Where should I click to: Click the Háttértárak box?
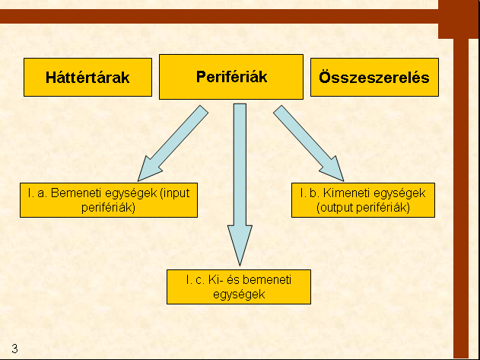point(87,77)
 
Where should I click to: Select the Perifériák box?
point(231,77)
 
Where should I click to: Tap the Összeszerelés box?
point(374,77)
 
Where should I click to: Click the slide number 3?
point(14,349)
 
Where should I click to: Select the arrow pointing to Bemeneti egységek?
point(173,143)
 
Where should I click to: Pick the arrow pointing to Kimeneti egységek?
point(309,143)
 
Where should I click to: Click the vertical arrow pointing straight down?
point(240,184)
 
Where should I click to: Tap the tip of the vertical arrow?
point(240,266)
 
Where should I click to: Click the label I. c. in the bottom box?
point(195,280)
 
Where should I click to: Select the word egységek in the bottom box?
point(239,295)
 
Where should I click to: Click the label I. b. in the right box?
point(310,193)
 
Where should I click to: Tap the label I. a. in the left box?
point(37,193)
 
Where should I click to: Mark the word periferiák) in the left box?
point(108,208)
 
